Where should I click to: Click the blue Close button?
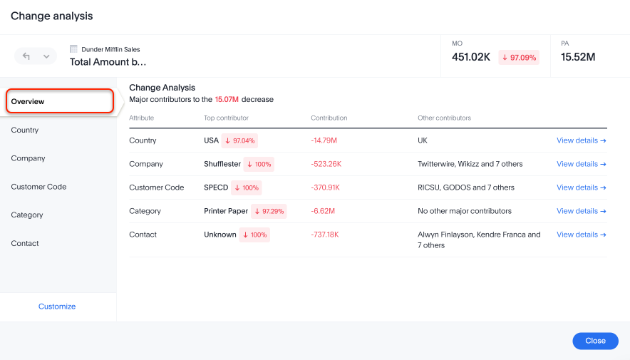point(595,341)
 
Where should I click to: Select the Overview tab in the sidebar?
point(60,101)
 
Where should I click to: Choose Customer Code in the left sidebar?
point(38,187)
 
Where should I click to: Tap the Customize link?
point(57,307)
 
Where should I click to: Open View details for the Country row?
point(581,140)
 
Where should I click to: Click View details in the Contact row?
point(581,235)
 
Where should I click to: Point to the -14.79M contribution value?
point(324,140)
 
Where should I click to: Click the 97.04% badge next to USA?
point(239,140)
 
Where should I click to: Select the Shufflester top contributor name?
point(222,164)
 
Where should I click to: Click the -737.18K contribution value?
point(326,235)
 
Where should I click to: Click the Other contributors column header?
point(444,118)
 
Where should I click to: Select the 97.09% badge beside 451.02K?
point(519,57)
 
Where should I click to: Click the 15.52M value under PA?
point(578,57)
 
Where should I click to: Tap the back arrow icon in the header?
point(26,56)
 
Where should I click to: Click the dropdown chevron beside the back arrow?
point(46,56)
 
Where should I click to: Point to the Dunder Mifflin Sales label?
point(110,49)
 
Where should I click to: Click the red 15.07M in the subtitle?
point(227,100)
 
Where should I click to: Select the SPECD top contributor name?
point(216,187)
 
